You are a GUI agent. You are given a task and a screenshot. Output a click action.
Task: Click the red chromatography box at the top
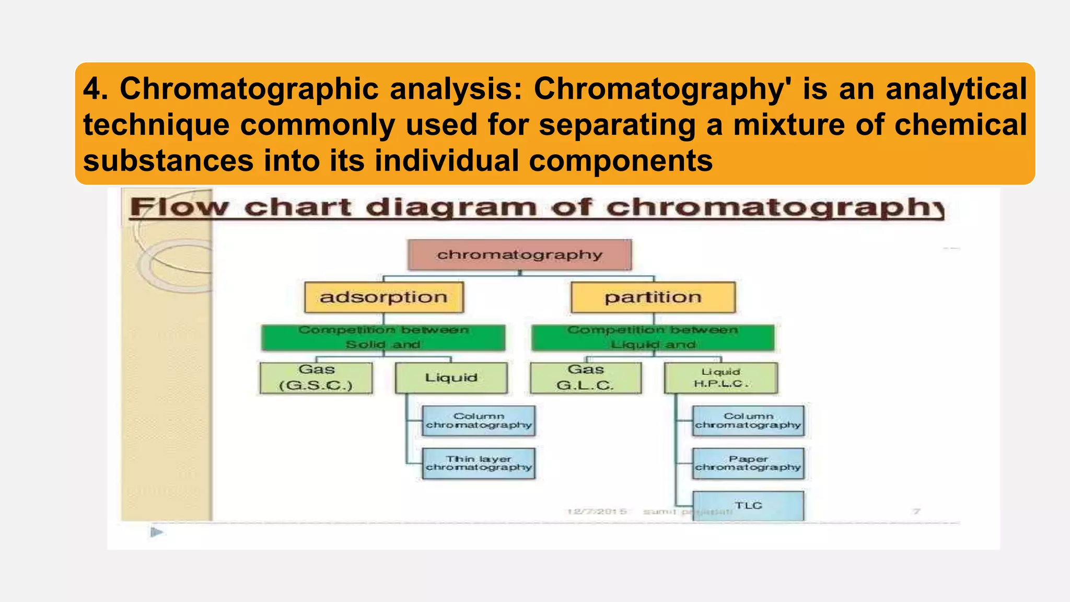[519, 255]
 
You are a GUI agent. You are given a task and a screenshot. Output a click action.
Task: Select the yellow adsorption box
[384, 297]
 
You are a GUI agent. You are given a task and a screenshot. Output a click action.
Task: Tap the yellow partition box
[653, 297]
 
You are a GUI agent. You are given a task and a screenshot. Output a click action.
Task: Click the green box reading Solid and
[383, 338]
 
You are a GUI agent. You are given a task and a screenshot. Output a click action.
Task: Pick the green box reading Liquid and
[653, 338]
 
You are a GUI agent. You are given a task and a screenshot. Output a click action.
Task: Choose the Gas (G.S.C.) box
[316, 378]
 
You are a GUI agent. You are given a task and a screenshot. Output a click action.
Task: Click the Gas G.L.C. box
[585, 378]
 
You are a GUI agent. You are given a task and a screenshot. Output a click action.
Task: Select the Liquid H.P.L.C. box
[720, 378]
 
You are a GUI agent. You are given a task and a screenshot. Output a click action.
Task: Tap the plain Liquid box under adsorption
[451, 378]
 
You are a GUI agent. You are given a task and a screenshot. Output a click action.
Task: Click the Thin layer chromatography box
[479, 463]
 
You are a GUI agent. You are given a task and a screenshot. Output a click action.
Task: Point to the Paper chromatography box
[748, 463]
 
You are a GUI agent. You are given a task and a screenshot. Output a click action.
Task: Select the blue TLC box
[748, 505]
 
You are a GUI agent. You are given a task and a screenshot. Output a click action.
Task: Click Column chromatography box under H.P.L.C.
[748, 421]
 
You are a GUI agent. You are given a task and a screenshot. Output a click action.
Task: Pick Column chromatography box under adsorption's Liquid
[479, 421]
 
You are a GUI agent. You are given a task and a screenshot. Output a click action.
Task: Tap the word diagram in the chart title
[451, 208]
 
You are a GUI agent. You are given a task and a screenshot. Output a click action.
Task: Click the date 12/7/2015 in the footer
[597, 511]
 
